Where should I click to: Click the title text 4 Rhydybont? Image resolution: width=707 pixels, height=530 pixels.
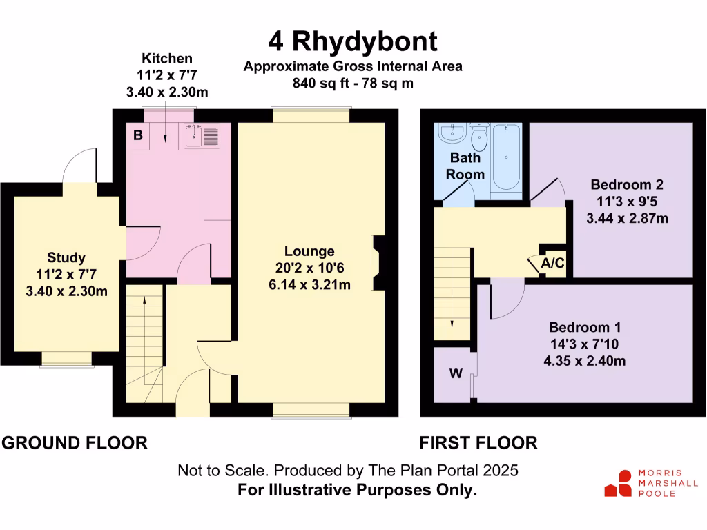(x=353, y=41)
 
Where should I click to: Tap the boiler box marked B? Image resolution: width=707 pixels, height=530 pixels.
(x=138, y=135)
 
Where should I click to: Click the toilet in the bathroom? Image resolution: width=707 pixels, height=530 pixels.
(x=478, y=138)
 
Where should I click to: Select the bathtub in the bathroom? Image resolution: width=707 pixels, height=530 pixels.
(x=507, y=157)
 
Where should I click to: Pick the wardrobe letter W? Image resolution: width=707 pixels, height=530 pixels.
(x=455, y=374)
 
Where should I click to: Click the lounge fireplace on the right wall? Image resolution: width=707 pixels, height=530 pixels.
(x=378, y=262)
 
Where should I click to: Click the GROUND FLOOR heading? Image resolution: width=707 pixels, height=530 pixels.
(x=75, y=443)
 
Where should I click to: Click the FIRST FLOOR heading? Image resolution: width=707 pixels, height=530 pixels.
(x=478, y=443)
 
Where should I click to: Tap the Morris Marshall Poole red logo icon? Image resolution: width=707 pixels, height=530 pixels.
(x=619, y=484)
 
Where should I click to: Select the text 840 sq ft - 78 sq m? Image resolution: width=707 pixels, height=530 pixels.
(x=353, y=84)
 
